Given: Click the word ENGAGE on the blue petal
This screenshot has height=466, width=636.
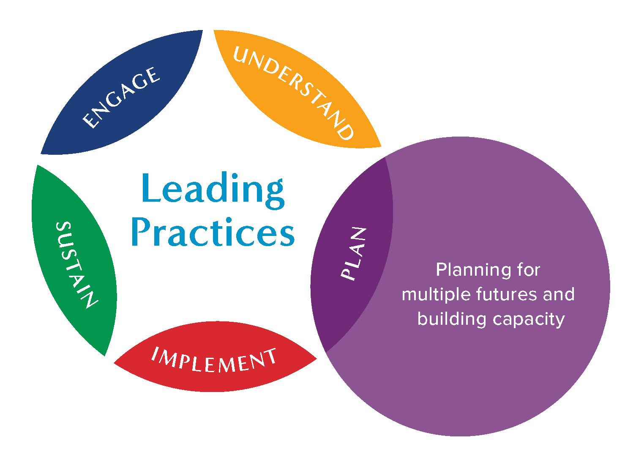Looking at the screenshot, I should tap(121, 98).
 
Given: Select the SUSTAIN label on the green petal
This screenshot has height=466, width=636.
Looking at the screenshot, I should tap(76, 265).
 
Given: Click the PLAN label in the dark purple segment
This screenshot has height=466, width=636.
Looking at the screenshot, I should tap(354, 254).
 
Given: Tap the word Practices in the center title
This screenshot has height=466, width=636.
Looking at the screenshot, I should tap(213, 233).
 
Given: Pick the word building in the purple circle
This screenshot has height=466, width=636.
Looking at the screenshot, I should tap(451, 318).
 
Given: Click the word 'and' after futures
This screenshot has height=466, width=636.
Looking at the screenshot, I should tap(559, 294).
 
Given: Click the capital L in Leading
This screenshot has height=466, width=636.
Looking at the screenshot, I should tap(150, 189).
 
